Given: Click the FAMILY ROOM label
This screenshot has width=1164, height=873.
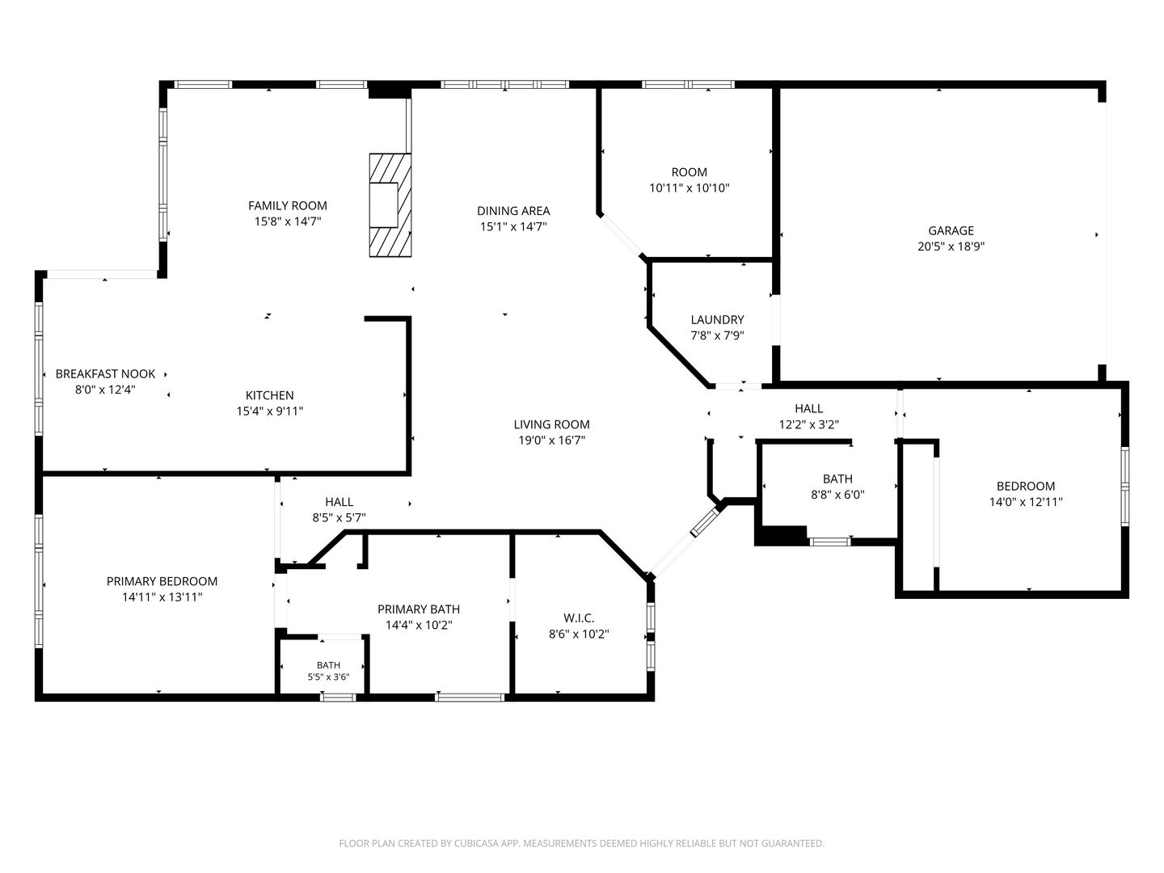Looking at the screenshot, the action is pyautogui.click(x=288, y=205).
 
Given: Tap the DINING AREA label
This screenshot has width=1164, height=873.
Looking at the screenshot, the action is pyautogui.click(x=513, y=211).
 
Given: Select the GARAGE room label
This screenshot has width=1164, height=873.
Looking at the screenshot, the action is pyautogui.click(x=951, y=230).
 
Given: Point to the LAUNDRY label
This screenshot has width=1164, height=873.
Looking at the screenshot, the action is pyautogui.click(x=717, y=319).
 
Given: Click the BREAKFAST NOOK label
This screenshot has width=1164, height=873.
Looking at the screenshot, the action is pyautogui.click(x=106, y=374).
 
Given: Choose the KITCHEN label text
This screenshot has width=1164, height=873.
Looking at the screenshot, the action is pyautogui.click(x=269, y=395).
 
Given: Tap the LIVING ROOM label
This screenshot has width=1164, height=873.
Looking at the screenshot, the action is pyautogui.click(x=551, y=424).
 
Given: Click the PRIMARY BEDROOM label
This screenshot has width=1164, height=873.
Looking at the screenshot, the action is pyautogui.click(x=162, y=581).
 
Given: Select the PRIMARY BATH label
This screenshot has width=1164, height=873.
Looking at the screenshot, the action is pyautogui.click(x=419, y=609).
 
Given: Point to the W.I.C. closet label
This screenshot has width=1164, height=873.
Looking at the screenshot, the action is pyautogui.click(x=579, y=618).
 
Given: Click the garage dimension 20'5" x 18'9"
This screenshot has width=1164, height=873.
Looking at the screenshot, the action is pyautogui.click(x=951, y=247).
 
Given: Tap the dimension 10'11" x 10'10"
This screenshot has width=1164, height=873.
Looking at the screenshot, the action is pyautogui.click(x=689, y=188).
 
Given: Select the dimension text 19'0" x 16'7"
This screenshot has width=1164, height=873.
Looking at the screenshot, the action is pyautogui.click(x=551, y=441).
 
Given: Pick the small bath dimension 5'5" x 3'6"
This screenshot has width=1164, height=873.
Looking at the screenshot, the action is pyautogui.click(x=328, y=677).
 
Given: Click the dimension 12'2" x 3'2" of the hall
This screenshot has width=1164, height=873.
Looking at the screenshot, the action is pyautogui.click(x=808, y=424).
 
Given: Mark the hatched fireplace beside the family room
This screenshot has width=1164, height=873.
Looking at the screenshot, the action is pyautogui.click(x=390, y=205).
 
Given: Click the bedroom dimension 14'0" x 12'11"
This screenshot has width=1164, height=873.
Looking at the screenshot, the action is pyautogui.click(x=1026, y=502).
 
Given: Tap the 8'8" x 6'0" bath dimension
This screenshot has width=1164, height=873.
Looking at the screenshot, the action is pyautogui.click(x=837, y=495).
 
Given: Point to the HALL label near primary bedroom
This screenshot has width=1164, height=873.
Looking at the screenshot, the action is pyautogui.click(x=339, y=502).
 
